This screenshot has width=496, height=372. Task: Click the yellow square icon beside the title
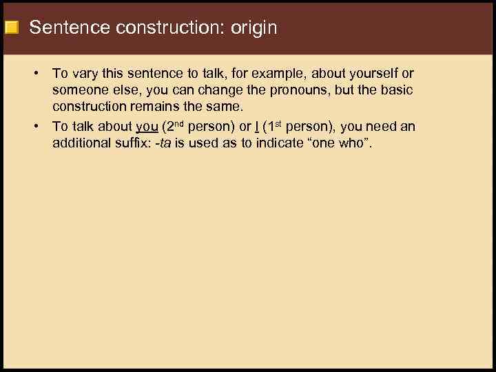[11, 28]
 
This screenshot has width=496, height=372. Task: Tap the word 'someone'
[80, 91]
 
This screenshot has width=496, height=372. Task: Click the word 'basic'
[397, 91]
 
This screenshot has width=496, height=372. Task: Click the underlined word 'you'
[147, 127]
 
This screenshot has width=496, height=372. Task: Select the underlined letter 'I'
[258, 127]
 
